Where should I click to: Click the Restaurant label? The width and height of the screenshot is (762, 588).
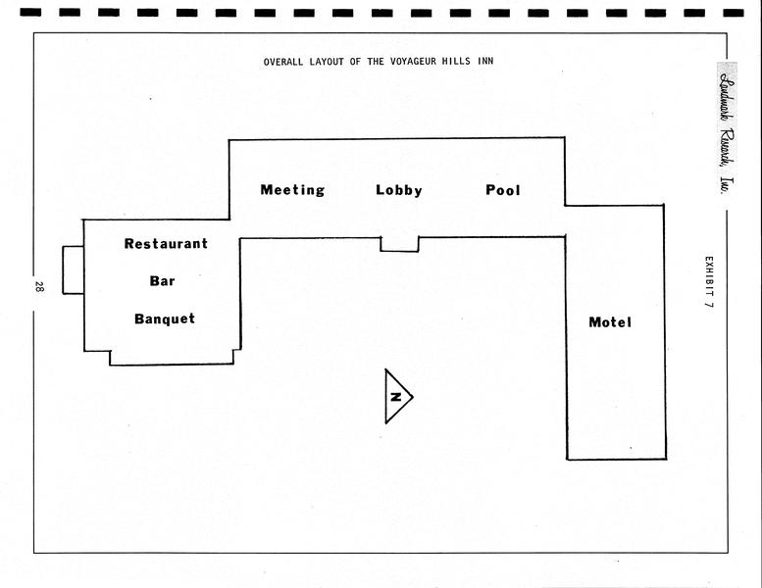166,244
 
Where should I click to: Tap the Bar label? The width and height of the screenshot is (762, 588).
162,281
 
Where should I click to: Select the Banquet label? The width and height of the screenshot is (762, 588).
165,318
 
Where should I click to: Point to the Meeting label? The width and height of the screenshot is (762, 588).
292,190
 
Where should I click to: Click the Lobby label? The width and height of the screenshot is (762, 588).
399,190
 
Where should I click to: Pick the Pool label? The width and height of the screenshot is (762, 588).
503,190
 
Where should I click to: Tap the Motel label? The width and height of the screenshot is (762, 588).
610,322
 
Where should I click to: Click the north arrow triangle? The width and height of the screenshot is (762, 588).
397,397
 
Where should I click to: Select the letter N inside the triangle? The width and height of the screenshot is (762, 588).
395,397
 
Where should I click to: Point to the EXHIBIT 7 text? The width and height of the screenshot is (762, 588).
708,283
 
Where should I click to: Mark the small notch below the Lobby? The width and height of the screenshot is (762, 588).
399,244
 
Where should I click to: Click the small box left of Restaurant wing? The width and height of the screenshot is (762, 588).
73,269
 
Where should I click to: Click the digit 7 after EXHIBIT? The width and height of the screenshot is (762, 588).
708,306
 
